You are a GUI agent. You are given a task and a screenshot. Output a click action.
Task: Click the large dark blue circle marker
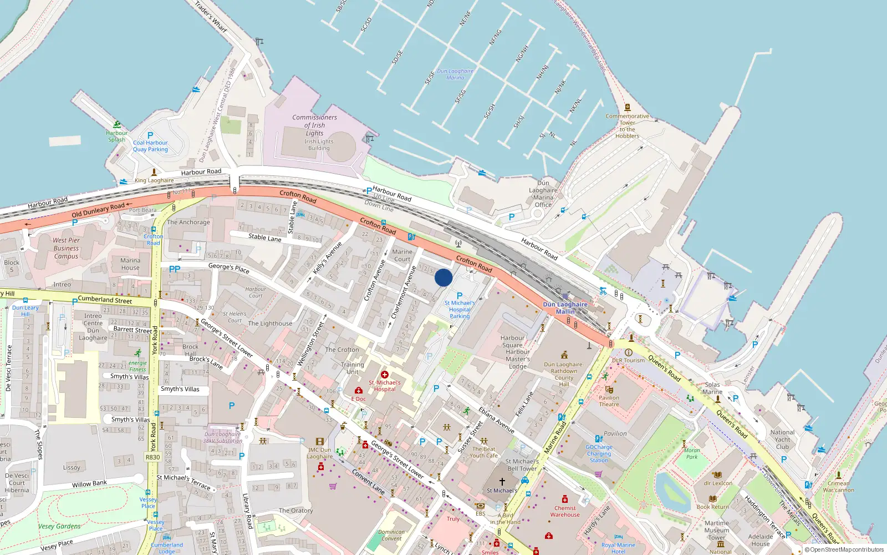pyautogui.click(x=443, y=277)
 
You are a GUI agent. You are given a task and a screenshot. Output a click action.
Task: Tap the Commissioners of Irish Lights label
pyautogui.click(x=314, y=125)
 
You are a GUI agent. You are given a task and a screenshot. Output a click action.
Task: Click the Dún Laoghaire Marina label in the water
pyautogui.click(x=455, y=74)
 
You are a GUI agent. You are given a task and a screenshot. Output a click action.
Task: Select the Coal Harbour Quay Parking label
pyautogui.click(x=150, y=146)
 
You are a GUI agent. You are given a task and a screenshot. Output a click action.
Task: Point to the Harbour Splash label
pyautogui.click(x=116, y=136)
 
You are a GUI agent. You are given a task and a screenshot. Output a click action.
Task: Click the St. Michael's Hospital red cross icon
pyautogui.click(x=384, y=375)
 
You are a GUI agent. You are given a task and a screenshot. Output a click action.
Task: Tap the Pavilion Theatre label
pyautogui.click(x=609, y=401)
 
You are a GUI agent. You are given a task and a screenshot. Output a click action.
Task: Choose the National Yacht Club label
pyautogui.click(x=782, y=440)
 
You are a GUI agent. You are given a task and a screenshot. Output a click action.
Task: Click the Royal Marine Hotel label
pyautogui.click(x=618, y=548)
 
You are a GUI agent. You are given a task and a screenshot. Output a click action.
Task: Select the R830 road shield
pyautogui.click(x=152, y=457)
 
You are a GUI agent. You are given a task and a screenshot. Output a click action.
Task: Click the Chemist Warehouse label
pyautogui.click(x=565, y=511)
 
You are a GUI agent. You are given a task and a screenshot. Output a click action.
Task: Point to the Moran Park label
pyautogui.click(x=692, y=453)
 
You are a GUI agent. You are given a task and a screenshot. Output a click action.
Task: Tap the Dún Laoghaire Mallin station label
pyautogui.click(x=565, y=308)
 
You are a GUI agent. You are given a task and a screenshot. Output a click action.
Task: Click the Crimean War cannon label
pyautogui.click(x=838, y=487)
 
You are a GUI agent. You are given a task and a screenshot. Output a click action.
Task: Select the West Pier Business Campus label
pyautogui.click(x=66, y=248)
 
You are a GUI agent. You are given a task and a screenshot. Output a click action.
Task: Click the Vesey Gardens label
pyautogui.click(x=59, y=526)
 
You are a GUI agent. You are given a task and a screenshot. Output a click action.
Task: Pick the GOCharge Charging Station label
pyautogui.click(x=599, y=453)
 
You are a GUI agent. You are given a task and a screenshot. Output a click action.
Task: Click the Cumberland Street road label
pyautogui.click(x=105, y=300)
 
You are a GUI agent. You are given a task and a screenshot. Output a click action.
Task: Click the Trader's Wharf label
pyautogui.click(x=211, y=16)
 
